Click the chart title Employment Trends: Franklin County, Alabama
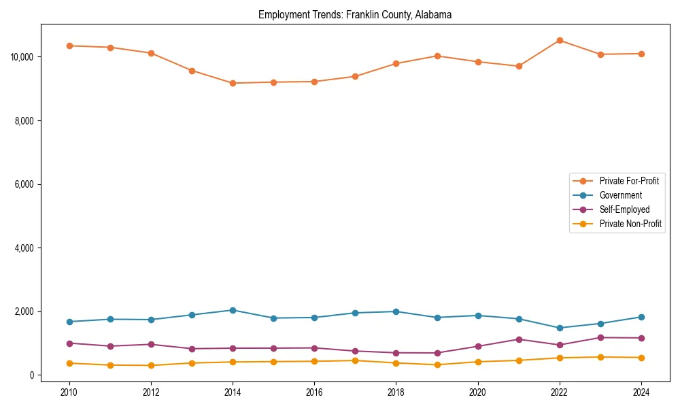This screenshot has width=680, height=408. [354, 15]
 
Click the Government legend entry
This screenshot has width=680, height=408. [620, 195]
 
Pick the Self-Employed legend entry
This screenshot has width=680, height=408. [624, 209]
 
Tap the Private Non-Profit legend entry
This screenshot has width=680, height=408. [630, 224]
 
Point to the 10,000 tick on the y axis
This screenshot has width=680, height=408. [23, 56]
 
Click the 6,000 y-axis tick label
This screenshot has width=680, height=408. [25, 184]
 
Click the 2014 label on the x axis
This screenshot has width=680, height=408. [233, 392]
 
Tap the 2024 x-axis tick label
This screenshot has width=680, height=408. [641, 392]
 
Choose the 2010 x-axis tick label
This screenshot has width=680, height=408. [69, 392]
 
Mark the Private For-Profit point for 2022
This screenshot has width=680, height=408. [560, 40]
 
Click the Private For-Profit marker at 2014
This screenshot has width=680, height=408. [233, 83]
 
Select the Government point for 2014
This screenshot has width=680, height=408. [233, 310]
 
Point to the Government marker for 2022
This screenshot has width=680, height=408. [560, 328]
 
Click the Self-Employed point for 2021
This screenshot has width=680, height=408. [519, 339]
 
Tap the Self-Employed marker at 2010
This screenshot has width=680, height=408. [69, 343]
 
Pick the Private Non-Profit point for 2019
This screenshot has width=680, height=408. [437, 365]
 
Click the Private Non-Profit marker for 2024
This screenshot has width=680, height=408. [641, 358]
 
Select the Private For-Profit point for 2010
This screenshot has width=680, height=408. [69, 46]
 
